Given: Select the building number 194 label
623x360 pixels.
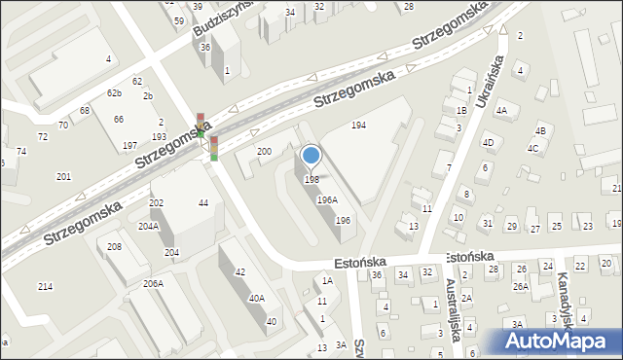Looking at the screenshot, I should point(359,126).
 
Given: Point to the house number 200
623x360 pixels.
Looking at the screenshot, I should point(264,152).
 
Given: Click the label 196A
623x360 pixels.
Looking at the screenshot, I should point(327,200).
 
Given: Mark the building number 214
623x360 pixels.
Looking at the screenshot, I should point(45,287).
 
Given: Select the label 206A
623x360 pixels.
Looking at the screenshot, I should point(153,283).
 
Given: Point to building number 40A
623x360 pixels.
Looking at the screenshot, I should point(257,300).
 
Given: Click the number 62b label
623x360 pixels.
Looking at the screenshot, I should point(115,93).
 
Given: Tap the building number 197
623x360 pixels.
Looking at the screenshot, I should point(129,146).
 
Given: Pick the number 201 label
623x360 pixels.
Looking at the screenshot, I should point(63,176).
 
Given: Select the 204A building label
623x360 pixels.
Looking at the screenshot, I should point(148,226).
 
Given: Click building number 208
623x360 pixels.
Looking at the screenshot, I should point(114,247).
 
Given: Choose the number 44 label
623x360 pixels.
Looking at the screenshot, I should point(203,202).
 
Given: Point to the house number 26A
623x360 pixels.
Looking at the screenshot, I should point(521,287).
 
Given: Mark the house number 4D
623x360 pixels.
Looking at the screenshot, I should point(489,143).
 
